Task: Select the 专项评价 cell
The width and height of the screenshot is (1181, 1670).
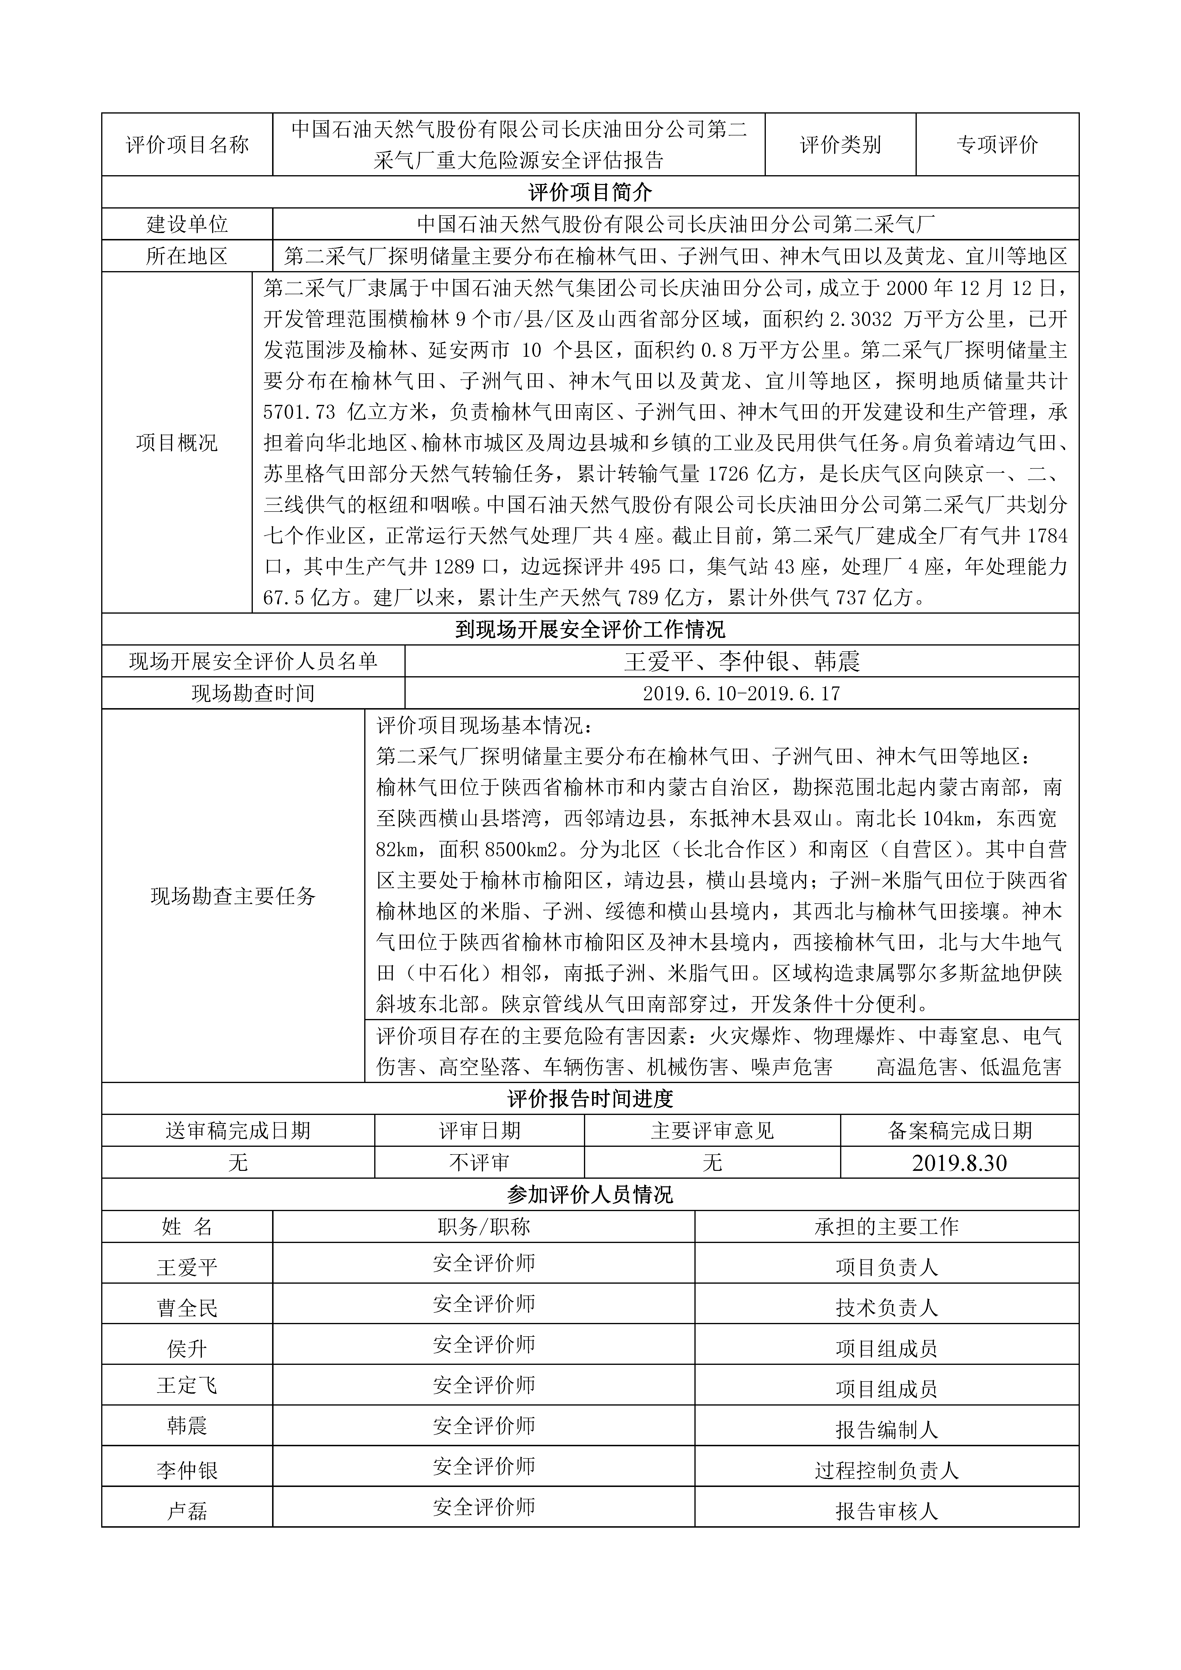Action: click(997, 145)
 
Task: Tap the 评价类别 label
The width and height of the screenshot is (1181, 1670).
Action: click(840, 145)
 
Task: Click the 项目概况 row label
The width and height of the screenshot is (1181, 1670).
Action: click(177, 443)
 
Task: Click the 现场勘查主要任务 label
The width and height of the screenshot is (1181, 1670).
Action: click(233, 896)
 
